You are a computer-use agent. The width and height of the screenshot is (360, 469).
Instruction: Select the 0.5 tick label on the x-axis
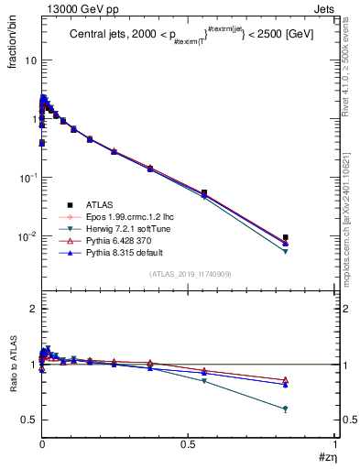[x=189, y=443]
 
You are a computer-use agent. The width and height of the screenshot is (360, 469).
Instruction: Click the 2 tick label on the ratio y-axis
[x=31, y=310]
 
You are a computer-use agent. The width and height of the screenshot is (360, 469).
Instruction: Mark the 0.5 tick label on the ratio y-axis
[x=27, y=420]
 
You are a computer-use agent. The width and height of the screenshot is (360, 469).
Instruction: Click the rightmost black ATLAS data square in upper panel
[x=286, y=238]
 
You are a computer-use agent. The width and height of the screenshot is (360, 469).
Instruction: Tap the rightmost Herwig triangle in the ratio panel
[x=286, y=409]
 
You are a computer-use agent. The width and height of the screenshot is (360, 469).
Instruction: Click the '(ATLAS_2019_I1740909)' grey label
[x=189, y=274]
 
